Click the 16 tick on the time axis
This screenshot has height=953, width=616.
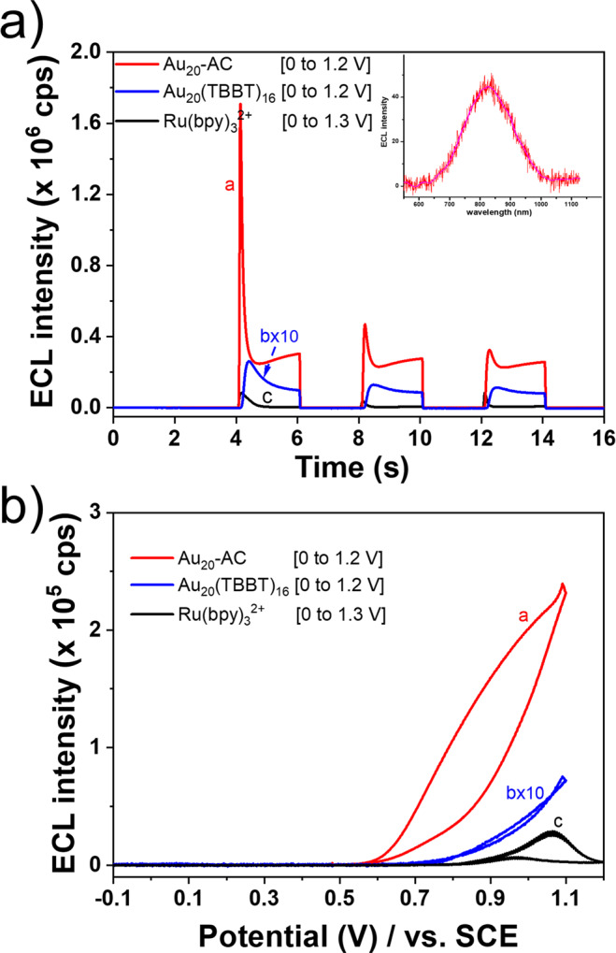603,436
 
